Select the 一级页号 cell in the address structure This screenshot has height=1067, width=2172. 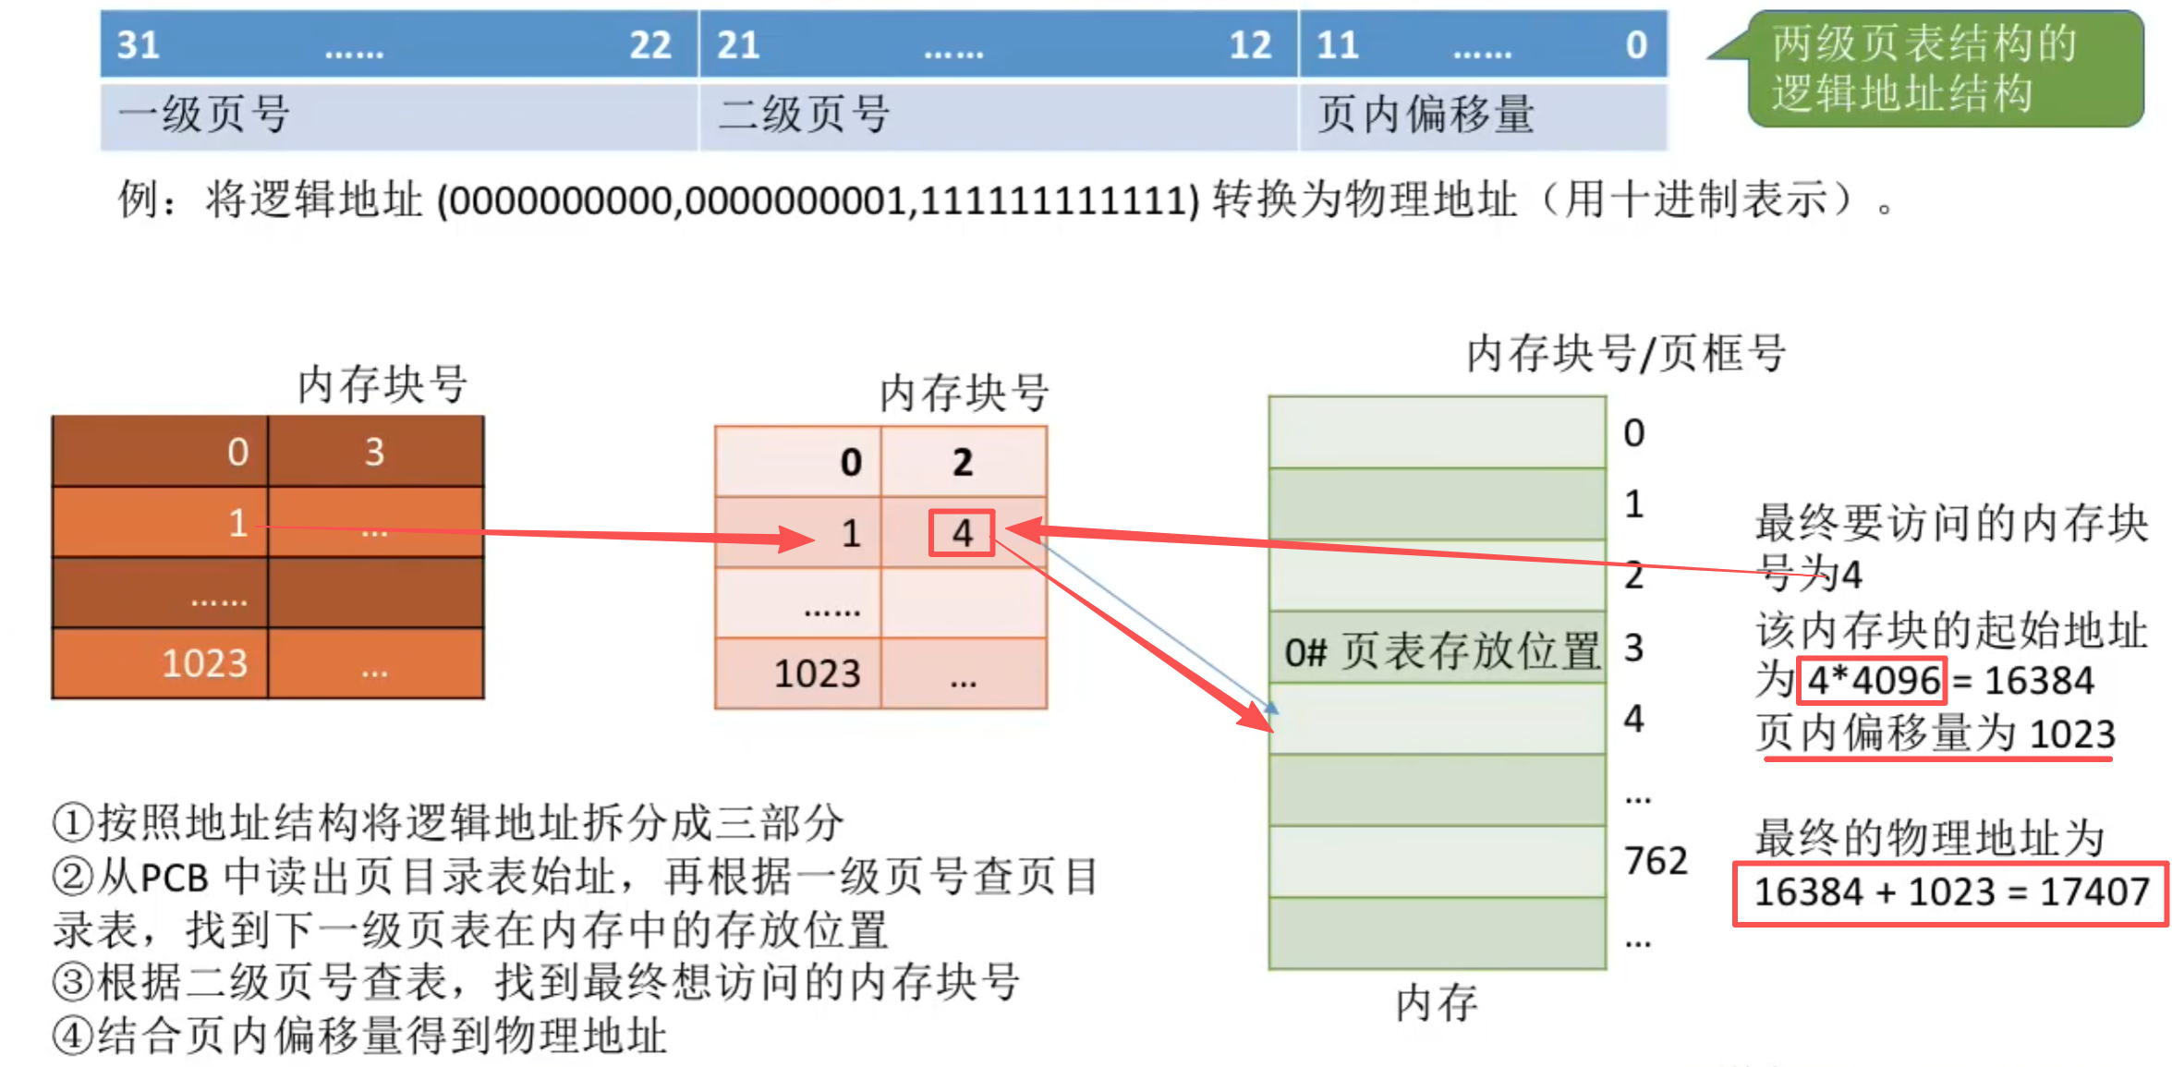(397, 115)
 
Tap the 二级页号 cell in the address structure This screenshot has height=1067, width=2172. (998, 115)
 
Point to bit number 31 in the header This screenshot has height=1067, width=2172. (139, 45)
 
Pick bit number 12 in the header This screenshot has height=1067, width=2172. (1250, 45)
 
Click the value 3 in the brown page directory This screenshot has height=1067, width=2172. (374, 452)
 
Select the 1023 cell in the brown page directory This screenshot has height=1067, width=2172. (205, 663)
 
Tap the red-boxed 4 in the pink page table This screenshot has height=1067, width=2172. (962, 533)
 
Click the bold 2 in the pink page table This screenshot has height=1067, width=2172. (963, 462)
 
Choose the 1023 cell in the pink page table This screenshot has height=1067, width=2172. (817, 674)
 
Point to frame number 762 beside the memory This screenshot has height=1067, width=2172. (1656, 861)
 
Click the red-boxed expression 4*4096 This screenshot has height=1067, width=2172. (1873, 681)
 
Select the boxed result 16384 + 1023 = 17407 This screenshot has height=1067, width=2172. (1950, 892)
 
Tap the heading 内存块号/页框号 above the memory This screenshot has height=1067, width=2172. (1626, 353)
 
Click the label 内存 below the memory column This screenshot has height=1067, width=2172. (1437, 1002)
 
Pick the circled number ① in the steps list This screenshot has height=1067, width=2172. (72, 822)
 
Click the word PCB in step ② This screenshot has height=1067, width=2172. (175, 877)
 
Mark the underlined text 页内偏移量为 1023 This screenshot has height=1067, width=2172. (1935, 734)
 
